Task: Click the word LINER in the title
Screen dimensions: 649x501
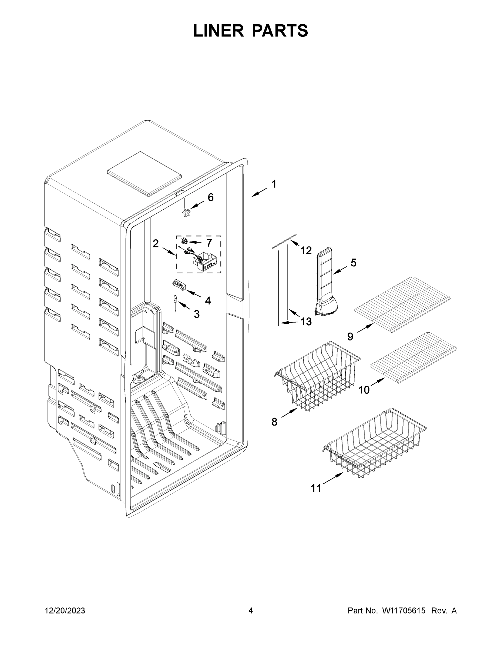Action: click(218, 31)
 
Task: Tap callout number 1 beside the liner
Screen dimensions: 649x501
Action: click(274, 184)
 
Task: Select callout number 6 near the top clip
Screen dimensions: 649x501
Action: click(210, 197)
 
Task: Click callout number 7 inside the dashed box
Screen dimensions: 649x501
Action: click(209, 243)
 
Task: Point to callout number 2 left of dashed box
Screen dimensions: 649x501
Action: click(156, 243)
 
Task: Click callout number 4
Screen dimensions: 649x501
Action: click(208, 300)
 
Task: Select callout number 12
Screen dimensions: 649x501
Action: click(306, 250)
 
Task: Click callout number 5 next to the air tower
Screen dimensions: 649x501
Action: click(353, 262)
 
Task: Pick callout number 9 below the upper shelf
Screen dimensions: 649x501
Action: click(350, 337)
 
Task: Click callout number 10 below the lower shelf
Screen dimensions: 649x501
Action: click(364, 390)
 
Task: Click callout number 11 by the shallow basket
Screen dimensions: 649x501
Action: click(316, 488)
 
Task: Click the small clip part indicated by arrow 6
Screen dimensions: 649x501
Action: click(186, 213)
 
